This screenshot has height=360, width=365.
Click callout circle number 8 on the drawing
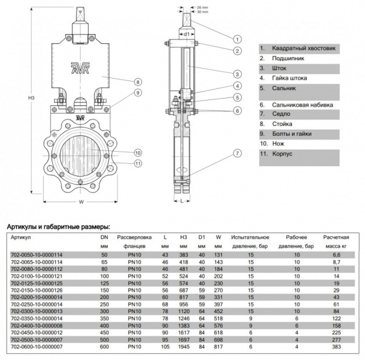coord(138,81)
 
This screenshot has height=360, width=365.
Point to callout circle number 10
coord(138,152)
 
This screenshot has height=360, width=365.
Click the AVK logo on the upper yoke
coord(80,66)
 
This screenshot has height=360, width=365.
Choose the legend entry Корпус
coord(276,154)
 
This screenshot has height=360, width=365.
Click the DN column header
coord(104,236)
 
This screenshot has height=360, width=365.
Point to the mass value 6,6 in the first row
coord(335,254)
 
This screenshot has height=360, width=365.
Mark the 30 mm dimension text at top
coord(204,12)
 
